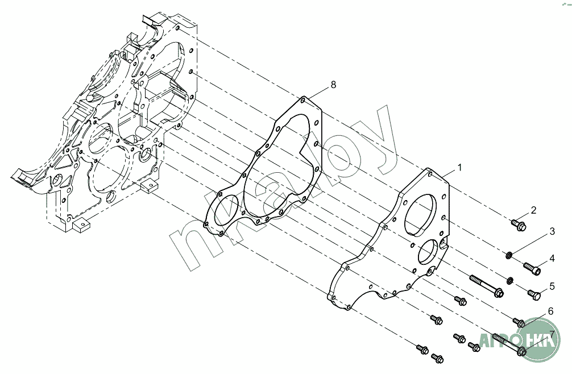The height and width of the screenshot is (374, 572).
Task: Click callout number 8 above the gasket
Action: tap(333, 85)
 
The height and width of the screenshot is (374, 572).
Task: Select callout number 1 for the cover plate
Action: tap(459, 167)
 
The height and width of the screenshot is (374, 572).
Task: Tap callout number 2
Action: tap(533, 210)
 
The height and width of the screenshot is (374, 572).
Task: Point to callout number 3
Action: tap(552, 231)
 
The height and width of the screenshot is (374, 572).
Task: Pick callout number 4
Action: tap(552, 258)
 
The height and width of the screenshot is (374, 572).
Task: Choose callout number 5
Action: tap(552, 286)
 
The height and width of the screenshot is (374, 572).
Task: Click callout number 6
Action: tap(550, 311)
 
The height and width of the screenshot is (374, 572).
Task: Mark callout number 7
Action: tap(552, 334)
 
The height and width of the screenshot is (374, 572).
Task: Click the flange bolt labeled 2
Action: tap(519, 225)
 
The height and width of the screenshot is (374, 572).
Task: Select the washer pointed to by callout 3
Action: tap(508, 255)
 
